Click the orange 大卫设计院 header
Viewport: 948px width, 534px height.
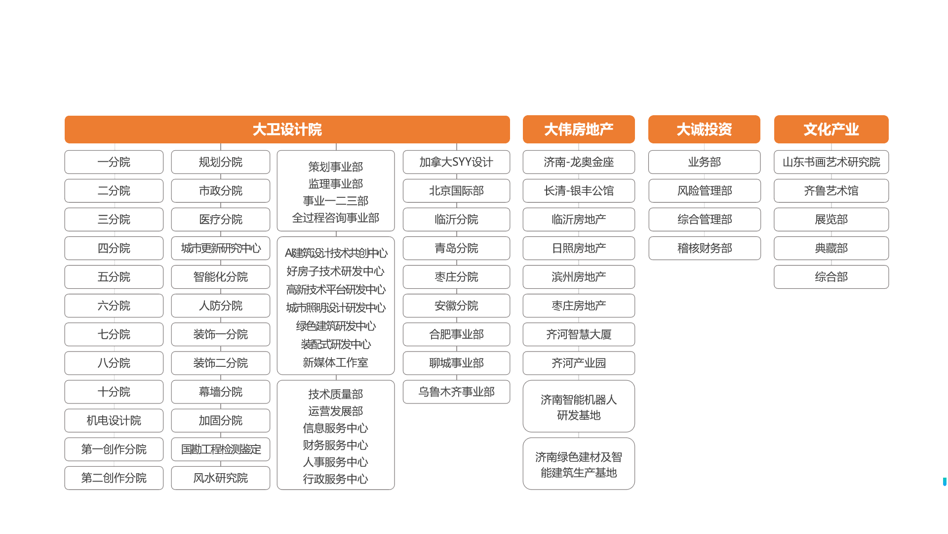[x=287, y=130]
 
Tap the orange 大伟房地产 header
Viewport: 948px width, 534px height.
[x=579, y=130]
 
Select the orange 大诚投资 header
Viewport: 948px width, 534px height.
[x=704, y=130]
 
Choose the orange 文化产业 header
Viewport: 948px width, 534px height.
[x=831, y=130]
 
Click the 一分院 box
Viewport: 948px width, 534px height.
[x=114, y=162]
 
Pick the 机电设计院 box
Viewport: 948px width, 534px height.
[x=114, y=421]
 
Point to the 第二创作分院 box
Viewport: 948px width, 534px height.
[x=114, y=478]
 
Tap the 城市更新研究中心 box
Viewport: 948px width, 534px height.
[x=221, y=248]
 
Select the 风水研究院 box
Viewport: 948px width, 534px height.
[x=221, y=478]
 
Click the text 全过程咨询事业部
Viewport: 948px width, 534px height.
[x=336, y=218]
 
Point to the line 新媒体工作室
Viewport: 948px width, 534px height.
[x=336, y=363]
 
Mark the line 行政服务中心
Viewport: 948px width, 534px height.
[x=336, y=479]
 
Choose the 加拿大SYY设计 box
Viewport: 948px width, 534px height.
[x=456, y=162]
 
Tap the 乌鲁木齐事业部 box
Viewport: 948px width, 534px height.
[x=456, y=392]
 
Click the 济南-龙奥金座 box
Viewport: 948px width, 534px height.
[x=579, y=162]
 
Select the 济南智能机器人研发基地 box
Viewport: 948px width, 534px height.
[x=579, y=407]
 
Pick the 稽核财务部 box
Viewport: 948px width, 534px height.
[x=705, y=248]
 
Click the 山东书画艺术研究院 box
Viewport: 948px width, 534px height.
[x=831, y=162]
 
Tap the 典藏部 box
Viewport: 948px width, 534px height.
[x=831, y=248]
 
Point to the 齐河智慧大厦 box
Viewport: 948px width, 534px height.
[x=579, y=335]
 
